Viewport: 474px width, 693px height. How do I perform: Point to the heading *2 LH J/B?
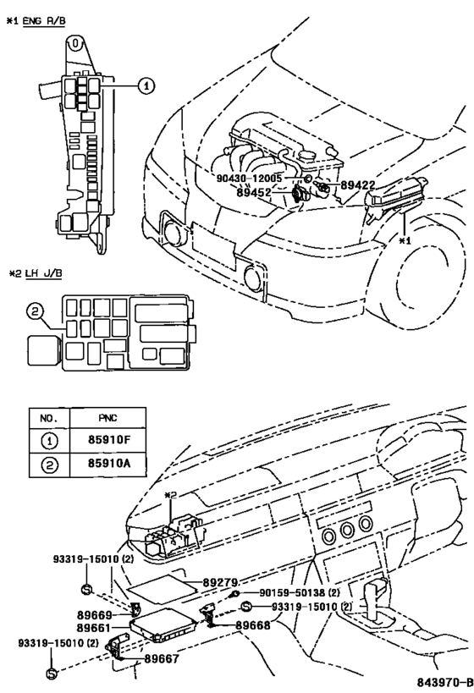(36, 273)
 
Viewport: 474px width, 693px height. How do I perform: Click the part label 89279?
(220, 582)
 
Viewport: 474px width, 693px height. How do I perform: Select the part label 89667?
(161, 657)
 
